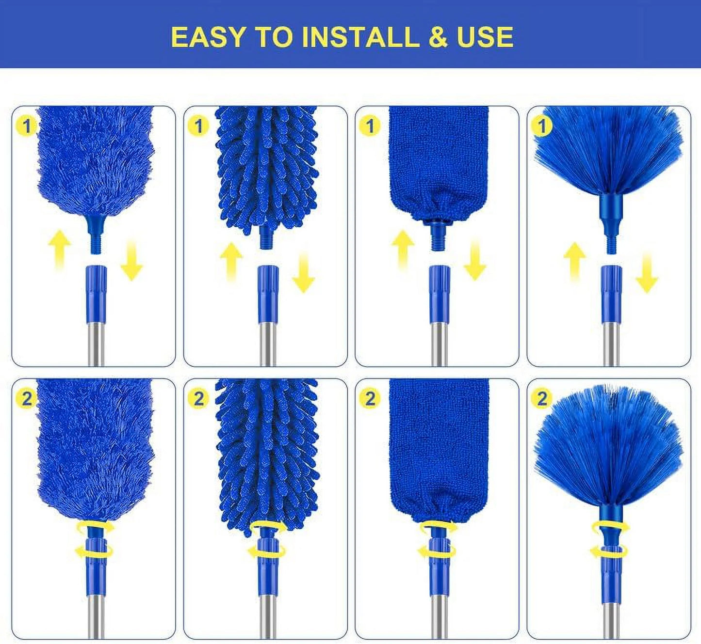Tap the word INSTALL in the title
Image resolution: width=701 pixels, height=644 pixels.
(x=360, y=37)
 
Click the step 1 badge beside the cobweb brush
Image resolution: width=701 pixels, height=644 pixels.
(x=542, y=126)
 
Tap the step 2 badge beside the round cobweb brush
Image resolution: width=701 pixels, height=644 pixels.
(x=542, y=398)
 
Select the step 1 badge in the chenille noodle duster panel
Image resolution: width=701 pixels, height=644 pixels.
(x=198, y=126)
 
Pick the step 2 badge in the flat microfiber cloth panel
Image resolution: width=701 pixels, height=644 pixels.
(x=370, y=398)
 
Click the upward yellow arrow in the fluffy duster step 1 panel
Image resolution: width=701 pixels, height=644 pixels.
(x=60, y=250)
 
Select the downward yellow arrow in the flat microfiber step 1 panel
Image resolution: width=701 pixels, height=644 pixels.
(x=474, y=260)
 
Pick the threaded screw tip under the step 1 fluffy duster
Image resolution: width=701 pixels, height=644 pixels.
(x=95, y=244)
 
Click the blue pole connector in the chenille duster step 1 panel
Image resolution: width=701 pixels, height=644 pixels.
(x=268, y=294)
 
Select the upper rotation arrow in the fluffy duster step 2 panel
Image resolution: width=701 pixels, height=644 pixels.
(x=96, y=527)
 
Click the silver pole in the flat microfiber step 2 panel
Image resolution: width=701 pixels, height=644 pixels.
(x=439, y=616)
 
